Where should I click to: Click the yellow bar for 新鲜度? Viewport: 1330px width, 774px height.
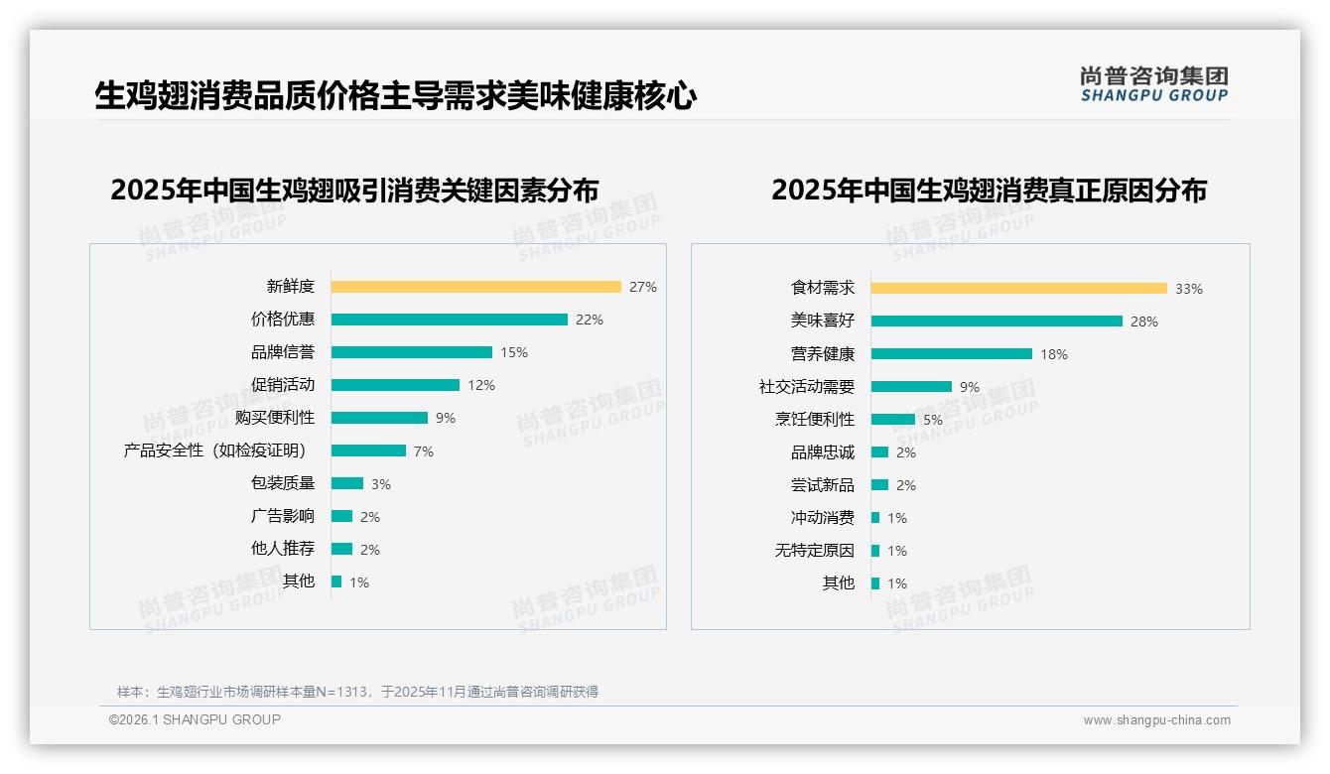[475, 287]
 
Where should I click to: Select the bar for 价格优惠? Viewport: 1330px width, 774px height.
[449, 320]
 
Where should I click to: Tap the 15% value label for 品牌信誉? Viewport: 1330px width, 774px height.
[514, 352]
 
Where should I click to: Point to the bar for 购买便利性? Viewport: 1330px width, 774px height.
[379, 418]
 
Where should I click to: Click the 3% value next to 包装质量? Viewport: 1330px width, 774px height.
[381, 484]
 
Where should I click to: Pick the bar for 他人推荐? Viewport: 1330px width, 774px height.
[341, 549]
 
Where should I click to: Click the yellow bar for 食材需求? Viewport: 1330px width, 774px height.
[1018, 289]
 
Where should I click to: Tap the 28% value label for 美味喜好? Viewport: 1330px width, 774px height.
[1143, 322]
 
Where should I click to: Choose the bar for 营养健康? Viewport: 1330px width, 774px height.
[951, 354]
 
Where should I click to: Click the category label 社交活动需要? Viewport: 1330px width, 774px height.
[806, 387]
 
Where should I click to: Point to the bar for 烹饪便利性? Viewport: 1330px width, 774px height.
[892, 420]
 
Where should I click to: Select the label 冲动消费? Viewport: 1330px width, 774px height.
[822, 518]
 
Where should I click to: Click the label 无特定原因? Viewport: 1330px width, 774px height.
[814, 551]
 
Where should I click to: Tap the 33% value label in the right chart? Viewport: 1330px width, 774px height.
[1188, 289]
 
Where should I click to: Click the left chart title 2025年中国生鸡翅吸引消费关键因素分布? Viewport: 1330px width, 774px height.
[354, 190]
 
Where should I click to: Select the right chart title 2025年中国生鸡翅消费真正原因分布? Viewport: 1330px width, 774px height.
[989, 190]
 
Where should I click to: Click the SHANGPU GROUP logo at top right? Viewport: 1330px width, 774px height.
[1153, 84]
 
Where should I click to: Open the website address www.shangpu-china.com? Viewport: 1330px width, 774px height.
[1156, 720]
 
